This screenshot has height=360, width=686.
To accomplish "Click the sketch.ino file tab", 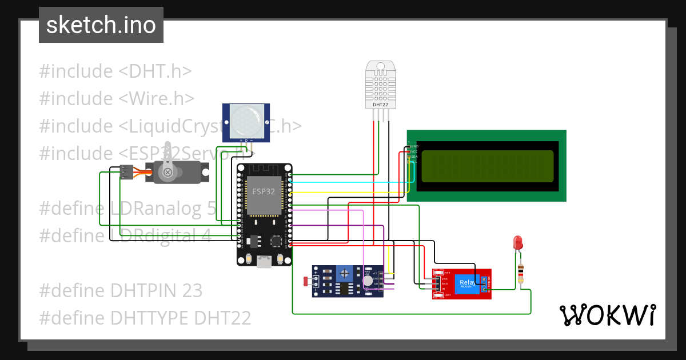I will pyautogui.click(x=101, y=25).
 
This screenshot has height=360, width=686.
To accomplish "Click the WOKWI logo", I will pyautogui.click(x=607, y=315).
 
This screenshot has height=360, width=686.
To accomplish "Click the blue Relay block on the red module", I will pyautogui.click(x=467, y=283).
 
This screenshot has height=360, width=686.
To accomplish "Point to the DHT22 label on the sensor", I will pyautogui.click(x=381, y=105).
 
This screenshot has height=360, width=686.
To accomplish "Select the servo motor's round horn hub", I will pyautogui.click(x=167, y=172).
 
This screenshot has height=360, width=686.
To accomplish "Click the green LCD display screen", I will pyautogui.click(x=487, y=166).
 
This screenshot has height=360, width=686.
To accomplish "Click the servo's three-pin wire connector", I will pyautogui.click(x=127, y=171).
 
